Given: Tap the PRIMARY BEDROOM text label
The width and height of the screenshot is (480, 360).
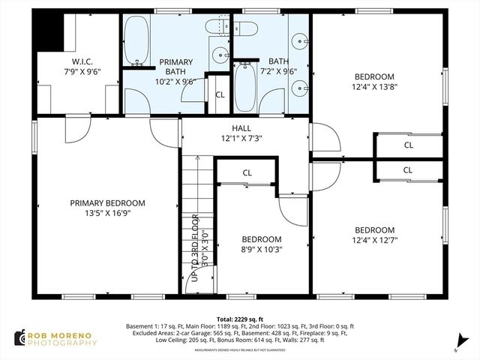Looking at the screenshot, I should click(107, 202).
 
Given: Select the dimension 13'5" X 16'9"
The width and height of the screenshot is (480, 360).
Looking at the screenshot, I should click(107, 212).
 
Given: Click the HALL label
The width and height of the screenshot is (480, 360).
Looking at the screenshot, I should click(241, 128).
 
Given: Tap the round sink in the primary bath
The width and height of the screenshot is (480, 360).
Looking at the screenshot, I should click(219, 54).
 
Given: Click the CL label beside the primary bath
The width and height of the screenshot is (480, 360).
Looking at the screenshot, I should click(220, 95).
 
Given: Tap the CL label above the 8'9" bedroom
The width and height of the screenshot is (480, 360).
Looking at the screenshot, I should click(247, 173).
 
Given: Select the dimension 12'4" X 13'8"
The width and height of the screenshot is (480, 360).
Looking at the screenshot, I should click(374, 87).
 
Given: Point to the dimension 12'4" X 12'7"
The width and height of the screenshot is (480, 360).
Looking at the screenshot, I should click(374, 240).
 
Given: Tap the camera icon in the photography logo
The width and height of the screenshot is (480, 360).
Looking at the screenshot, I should click(19, 337).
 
